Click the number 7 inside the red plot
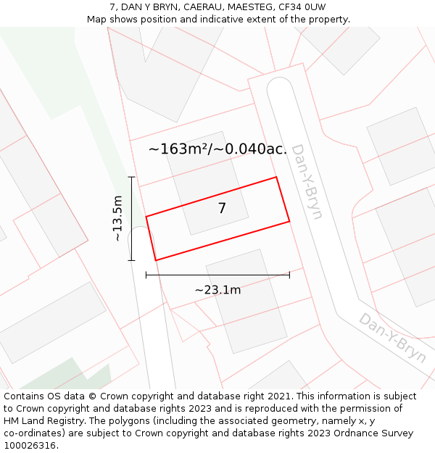pyautogui.click(x=222, y=209)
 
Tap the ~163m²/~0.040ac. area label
pyautogui.click(x=217, y=149)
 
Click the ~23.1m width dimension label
pyautogui.click(x=217, y=290)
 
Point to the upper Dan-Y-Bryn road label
pyautogui.click(x=307, y=181)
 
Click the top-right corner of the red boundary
pyautogui.click(x=276, y=177)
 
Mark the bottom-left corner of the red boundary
pyautogui.click(x=156, y=260)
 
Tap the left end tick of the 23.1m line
pyautogui.click(x=146, y=275)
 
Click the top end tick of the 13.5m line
pyautogui.click(x=131, y=177)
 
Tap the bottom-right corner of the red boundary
pyautogui.click(x=289, y=221)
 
